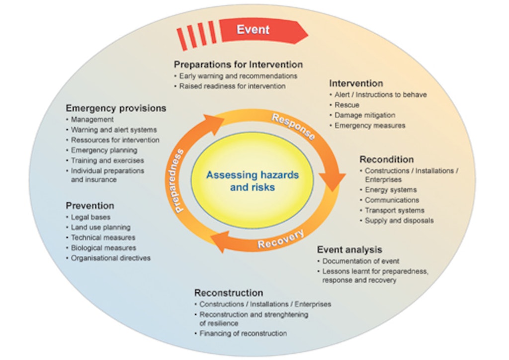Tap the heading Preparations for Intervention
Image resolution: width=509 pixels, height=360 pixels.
238,65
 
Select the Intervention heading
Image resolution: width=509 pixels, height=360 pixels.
356,83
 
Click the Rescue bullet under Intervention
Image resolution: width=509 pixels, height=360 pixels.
347,105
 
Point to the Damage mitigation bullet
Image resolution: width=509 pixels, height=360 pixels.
365,115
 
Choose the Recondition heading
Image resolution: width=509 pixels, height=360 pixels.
387,160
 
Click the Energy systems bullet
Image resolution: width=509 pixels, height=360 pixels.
391,190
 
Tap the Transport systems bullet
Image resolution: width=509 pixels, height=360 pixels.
395,210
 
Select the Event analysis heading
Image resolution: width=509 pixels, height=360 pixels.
349,250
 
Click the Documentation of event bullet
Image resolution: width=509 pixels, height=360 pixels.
361,261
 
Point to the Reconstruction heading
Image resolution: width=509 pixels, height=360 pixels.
229,292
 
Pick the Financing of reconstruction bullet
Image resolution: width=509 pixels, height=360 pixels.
243,333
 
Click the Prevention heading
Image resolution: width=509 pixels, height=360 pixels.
90,205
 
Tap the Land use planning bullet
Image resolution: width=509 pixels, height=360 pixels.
100,227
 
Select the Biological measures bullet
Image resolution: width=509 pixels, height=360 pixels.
103,248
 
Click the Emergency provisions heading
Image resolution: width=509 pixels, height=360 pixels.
116,108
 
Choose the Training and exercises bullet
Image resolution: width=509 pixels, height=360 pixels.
107,161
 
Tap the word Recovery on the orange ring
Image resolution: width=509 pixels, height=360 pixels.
280,240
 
